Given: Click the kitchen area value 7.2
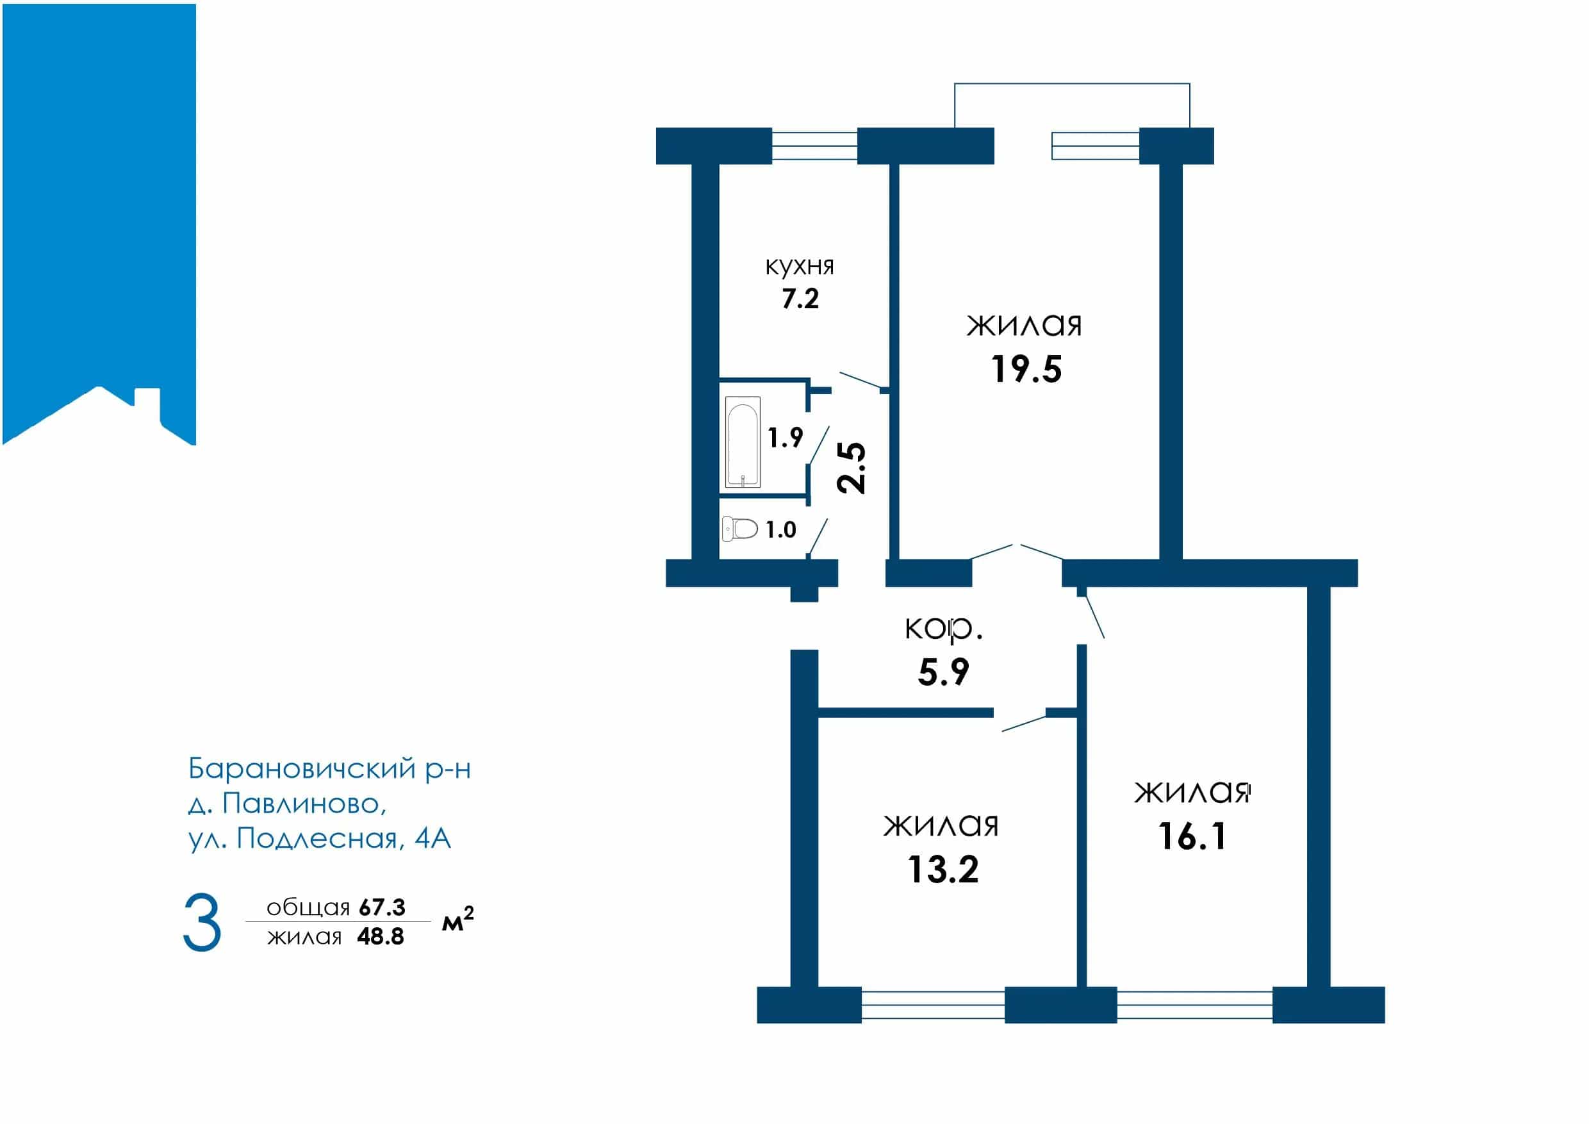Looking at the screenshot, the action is click(x=800, y=299).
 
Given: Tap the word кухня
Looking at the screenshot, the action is click(x=800, y=267).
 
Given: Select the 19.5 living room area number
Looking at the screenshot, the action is click(x=1026, y=369).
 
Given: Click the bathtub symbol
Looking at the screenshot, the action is click(x=743, y=442).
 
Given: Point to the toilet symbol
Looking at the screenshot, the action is click(x=739, y=529).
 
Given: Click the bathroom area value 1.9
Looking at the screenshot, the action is click(x=786, y=438).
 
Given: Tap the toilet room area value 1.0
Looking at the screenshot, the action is click(x=780, y=530).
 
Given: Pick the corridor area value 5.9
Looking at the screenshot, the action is click(x=943, y=672).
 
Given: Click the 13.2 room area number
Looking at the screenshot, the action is click(x=943, y=870).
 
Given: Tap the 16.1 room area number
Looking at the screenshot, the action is click(x=1192, y=836).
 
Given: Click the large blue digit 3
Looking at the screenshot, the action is click(x=202, y=923).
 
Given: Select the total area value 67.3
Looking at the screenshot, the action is click(x=382, y=907).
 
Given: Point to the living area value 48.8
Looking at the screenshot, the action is click(x=381, y=936).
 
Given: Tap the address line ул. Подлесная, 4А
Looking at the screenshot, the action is click(x=320, y=839).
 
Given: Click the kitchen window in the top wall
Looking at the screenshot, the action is click(x=814, y=146).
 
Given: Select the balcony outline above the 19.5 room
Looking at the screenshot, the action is click(x=1072, y=84).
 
